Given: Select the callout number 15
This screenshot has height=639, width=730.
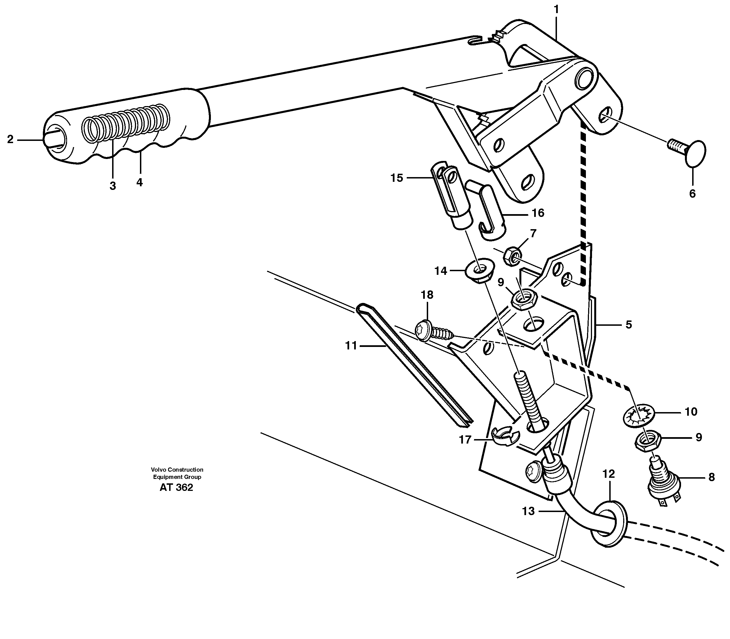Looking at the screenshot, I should point(396,178).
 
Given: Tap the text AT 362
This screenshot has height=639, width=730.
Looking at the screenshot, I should point(176,488).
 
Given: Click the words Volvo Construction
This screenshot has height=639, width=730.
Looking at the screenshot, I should point(177,470).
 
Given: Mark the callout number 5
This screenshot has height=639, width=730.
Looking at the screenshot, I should point(629,324).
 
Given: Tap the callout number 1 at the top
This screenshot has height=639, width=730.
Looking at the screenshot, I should point(556,9).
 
